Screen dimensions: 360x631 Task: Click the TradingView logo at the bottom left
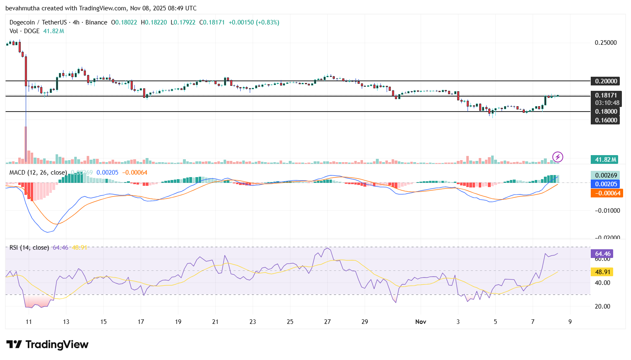pyautogui.click(x=47, y=345)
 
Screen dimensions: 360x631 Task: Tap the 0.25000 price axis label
pyautogui.click(x=605, y=43)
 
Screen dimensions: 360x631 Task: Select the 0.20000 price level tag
pyautogui.click(x=605, y=81)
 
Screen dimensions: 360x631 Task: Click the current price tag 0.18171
pyautogui.click(x=605, y=95)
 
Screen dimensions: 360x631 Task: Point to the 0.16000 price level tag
pyautogui.click(x=605, y=120)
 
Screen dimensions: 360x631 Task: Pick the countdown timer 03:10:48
pyautogui.click(x=607, y=103)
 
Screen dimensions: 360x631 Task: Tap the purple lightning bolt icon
pyautogui.click(x=558, y=157)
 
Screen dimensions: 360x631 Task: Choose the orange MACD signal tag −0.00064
pyautogui.click(x=607, y=193)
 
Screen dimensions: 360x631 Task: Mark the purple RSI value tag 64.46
pyautogui.click(x=602, y=254)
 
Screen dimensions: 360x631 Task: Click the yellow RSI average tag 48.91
pyautogui.click(x=602, y=272)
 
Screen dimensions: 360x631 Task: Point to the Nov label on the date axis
pyautogui.click(x=421, y=322)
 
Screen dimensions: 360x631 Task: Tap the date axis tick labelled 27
pyautogui.click(x=327, y=322)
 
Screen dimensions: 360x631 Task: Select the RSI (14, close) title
pyautogui.click(x=29, y=248)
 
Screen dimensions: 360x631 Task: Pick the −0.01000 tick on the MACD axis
pyautogui.click(x=607, y=211)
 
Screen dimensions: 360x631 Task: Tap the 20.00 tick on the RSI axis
pyautogui.click(x=602, y=306)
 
